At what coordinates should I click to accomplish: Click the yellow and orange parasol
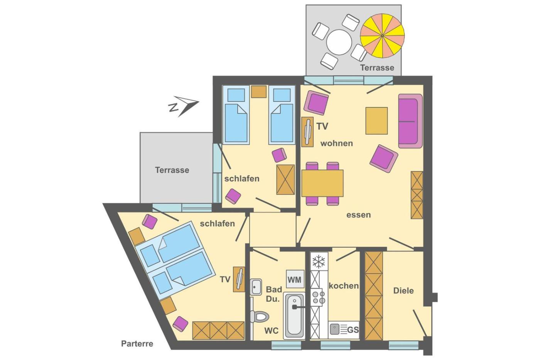[x=382, y=35]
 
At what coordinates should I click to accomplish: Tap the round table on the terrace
[x=339, y=42]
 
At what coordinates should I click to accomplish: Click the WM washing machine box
[x=295, y=279]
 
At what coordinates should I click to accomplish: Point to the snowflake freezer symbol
[x=319, y=261]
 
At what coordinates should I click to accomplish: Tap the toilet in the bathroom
[x=259, y=316]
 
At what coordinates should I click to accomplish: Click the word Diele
[x=403, y=291]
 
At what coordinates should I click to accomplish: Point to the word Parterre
[x=137, y=344]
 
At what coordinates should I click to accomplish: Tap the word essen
[x=358, y=215]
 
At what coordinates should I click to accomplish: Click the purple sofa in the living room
[x=410, y=121]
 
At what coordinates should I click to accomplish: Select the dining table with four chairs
[x=322, y=184]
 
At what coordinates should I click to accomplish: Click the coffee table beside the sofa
[x=376, y=120]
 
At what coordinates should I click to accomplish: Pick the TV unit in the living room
[x=308, y=132]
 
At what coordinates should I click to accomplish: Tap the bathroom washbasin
[x=256, y=287]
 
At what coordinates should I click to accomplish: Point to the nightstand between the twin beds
[x=259, y=91]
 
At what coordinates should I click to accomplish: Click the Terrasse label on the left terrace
[x=172, y=170]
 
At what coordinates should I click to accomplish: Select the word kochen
[x=344, y=286]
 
